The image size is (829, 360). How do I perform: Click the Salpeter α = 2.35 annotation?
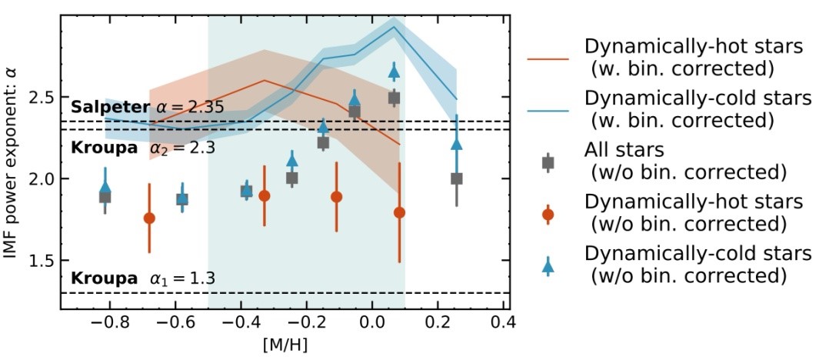coord(147,107)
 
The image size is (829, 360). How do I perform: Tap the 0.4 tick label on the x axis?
coord(504,322)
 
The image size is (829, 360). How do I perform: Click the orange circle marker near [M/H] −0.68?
coord(149,218)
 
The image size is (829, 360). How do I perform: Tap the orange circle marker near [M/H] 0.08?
coord(399,212)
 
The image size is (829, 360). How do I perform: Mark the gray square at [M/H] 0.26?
coord(457,178)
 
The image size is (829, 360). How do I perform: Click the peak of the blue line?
coord(395,27)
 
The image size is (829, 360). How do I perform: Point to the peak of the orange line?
coord(264,80)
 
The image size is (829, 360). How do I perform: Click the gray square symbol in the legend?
coord(548,162)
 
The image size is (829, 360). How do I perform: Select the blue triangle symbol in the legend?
coord(548,265)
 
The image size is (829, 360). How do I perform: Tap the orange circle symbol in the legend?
coord(548,213)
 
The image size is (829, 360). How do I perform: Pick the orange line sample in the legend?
coord(548,58)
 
